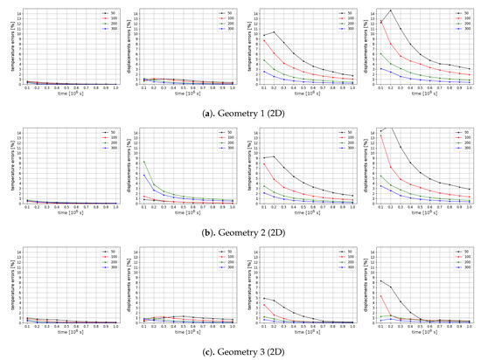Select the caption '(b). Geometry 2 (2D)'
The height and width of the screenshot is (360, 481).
click(240, 229)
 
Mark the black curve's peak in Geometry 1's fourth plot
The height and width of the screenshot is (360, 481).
click(391, 10)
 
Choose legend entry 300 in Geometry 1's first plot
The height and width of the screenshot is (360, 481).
click(102, 29)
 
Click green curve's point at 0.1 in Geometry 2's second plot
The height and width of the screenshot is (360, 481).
click(144, 159)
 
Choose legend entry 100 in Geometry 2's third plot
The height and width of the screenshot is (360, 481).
click(340, 138)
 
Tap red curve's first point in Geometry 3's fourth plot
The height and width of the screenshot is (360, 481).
click(380, 295)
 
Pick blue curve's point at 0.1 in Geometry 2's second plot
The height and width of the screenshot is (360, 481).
click(144, 173)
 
